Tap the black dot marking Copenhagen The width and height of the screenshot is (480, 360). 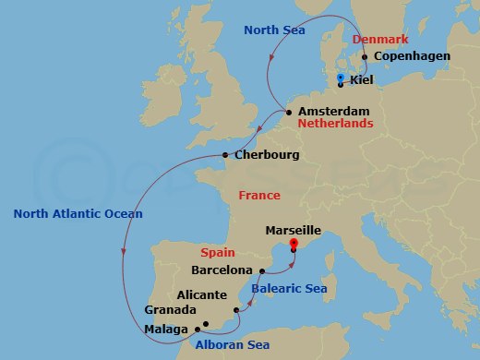tap(366, 57)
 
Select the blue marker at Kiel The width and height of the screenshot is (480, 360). tap(341, 78)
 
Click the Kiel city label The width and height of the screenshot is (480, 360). tap(364, 80)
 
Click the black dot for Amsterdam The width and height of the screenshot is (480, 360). tap(290, 113)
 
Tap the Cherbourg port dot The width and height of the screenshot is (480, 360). tap(225, 155)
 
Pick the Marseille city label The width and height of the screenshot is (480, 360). tap(292, 229)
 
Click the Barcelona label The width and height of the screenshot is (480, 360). tap(222, 270)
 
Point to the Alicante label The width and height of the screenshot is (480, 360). tap(195, 294)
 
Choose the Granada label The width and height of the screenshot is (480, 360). tap(171, 310)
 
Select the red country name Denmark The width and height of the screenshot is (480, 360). tap(380, 41)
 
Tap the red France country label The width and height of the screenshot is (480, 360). tap(258, 196)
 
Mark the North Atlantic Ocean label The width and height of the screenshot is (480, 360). tap(78, 214)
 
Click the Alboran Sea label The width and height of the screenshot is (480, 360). tap(232, 345)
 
